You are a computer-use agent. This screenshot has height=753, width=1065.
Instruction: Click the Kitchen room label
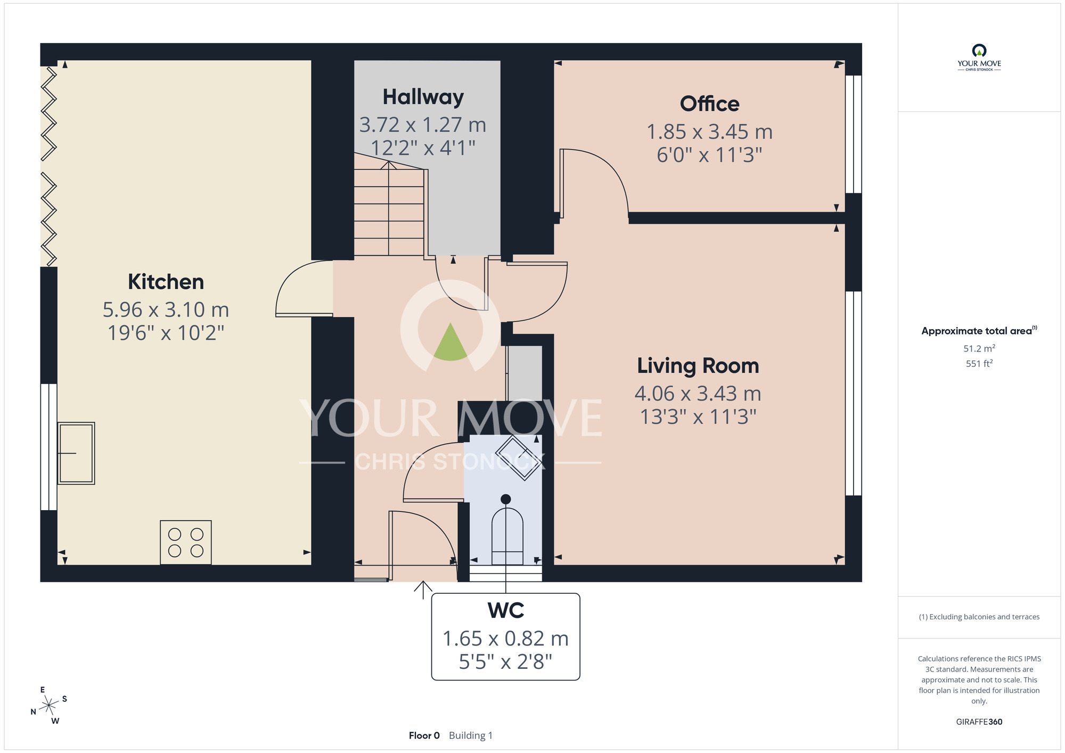(x=166, y=282)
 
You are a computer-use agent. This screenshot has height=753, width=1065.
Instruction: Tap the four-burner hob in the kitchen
(x=186, y=542)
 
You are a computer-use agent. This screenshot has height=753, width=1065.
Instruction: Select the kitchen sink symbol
(x=76, y=453)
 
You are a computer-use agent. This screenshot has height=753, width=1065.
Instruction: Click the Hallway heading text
(x=423, y=97)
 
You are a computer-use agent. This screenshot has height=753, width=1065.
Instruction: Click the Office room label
(x=709, y=104)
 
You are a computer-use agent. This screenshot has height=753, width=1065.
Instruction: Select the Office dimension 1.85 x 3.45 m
(x=709, y=132)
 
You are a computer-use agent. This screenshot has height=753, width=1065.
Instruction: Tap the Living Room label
(x=698, y=366)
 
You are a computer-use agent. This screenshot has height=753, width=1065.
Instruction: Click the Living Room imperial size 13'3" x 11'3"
(x=698, y=416)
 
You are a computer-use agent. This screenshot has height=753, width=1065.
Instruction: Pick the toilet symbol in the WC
(x=507, y=535)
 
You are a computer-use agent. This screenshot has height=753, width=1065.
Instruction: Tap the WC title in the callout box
(x=506, y=610)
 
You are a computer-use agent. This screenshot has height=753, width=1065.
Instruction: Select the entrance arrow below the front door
(x=423, y=590)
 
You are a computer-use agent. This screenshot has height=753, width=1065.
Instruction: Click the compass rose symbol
(x=49, y=706)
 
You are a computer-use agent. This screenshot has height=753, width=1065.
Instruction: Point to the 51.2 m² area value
(x=979, y=348)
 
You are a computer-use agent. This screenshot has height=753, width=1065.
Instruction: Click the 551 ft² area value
(x=979, y=364)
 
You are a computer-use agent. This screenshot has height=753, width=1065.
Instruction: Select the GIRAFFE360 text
(x=979, y=722)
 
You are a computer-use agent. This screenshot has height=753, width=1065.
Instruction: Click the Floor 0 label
(x=424, y=735)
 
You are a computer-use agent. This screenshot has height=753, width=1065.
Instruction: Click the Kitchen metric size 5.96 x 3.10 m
(x=166, y=309)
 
